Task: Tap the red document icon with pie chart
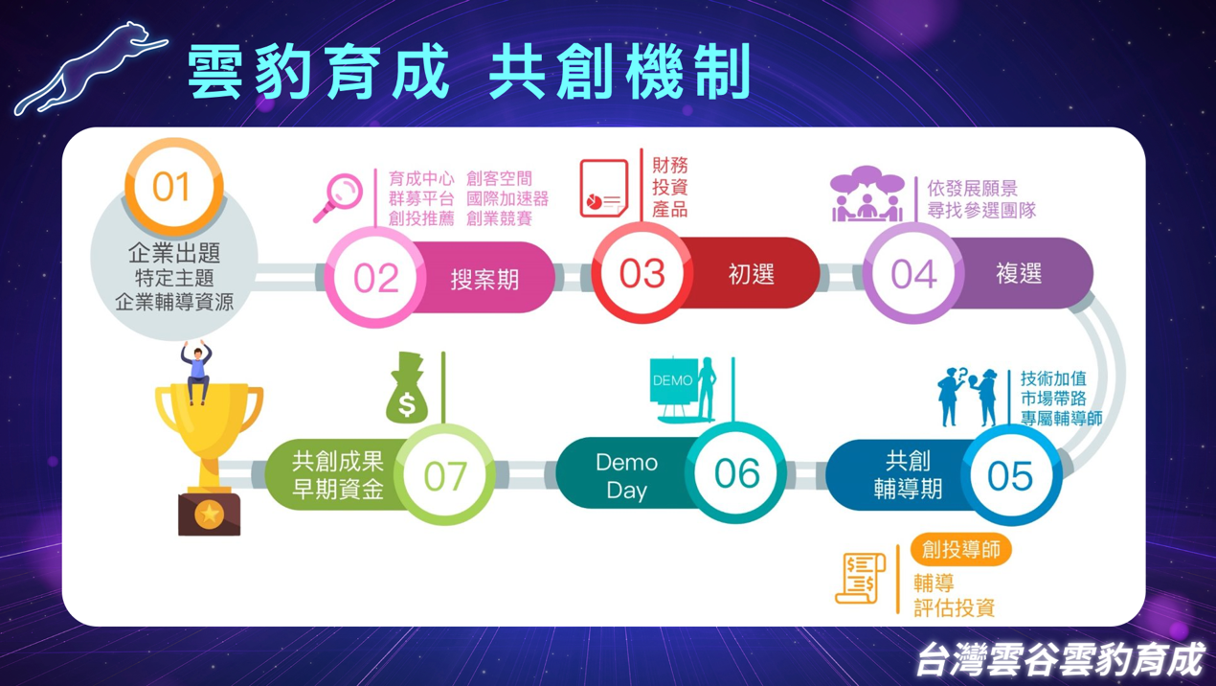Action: click(604, 188)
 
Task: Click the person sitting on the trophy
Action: click(196, 373)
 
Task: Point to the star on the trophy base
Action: click(209, 514)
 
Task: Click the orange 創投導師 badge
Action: click(961, 550)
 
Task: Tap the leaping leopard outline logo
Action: click(90, 68)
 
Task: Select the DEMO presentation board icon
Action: click(684, 389)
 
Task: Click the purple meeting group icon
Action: click(867, 194)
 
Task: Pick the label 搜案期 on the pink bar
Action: click(484, 279)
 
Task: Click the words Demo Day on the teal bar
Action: click(626, 476)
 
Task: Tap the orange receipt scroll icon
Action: click(861, 578)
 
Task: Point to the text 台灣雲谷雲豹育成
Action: click(1060, 659)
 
